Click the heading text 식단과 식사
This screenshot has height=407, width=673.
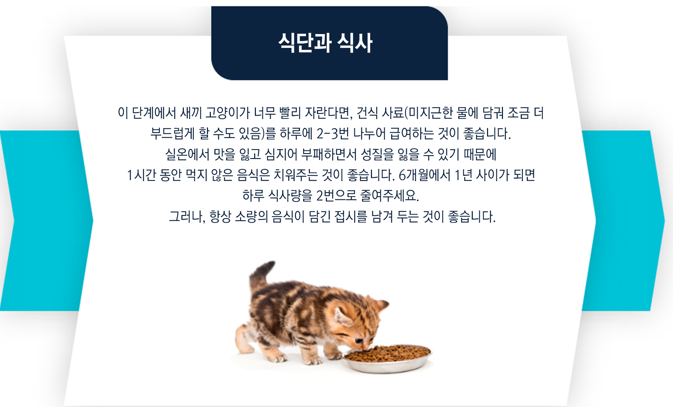tap(325, 43)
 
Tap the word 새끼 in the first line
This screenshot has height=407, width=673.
tap(191, 113)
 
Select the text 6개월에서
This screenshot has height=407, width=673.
tap(425, 175)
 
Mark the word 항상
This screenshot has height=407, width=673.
tap(220, 216)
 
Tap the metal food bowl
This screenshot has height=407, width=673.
tap(387, 359)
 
